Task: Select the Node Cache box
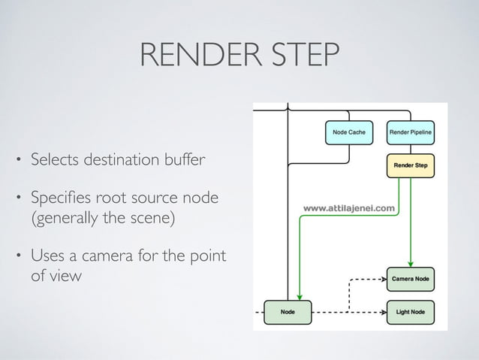pyautogui.click(x=349, y=132)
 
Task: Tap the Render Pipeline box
pyautogui.click(x=415, y=132)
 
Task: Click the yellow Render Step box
pyautogui.click(x=411, y=164)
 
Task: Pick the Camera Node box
pyautogui.click(x=411, y=279)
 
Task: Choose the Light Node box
pyautogui.click(x=411, y=311)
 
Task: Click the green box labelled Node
pyautogui.click(x=288, y=311)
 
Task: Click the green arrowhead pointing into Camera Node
pyautogui.click(x=411, y=264)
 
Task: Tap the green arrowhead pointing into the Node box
pyautogui.click(x=300, y=297)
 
